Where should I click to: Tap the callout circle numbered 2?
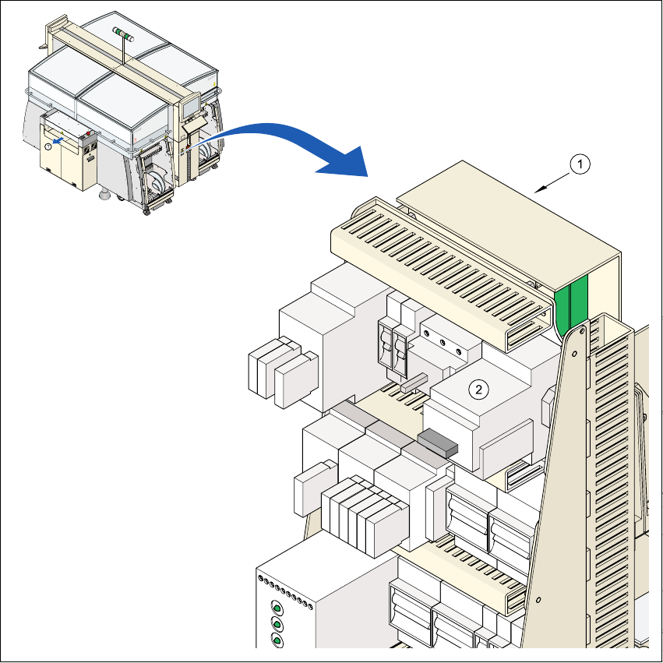pyautogui.click(x=481, y=387)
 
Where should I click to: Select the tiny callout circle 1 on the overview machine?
pyautogui.click(x=48, y=146)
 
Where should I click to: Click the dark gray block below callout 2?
pyautogui.click(x=439, y=443)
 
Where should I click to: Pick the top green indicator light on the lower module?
pyautogui.click(x=276, y=608)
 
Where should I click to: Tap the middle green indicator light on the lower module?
pyautogui.click(x=276, y=624)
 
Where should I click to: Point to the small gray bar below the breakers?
pyautogui.click(x=414, y=381)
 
